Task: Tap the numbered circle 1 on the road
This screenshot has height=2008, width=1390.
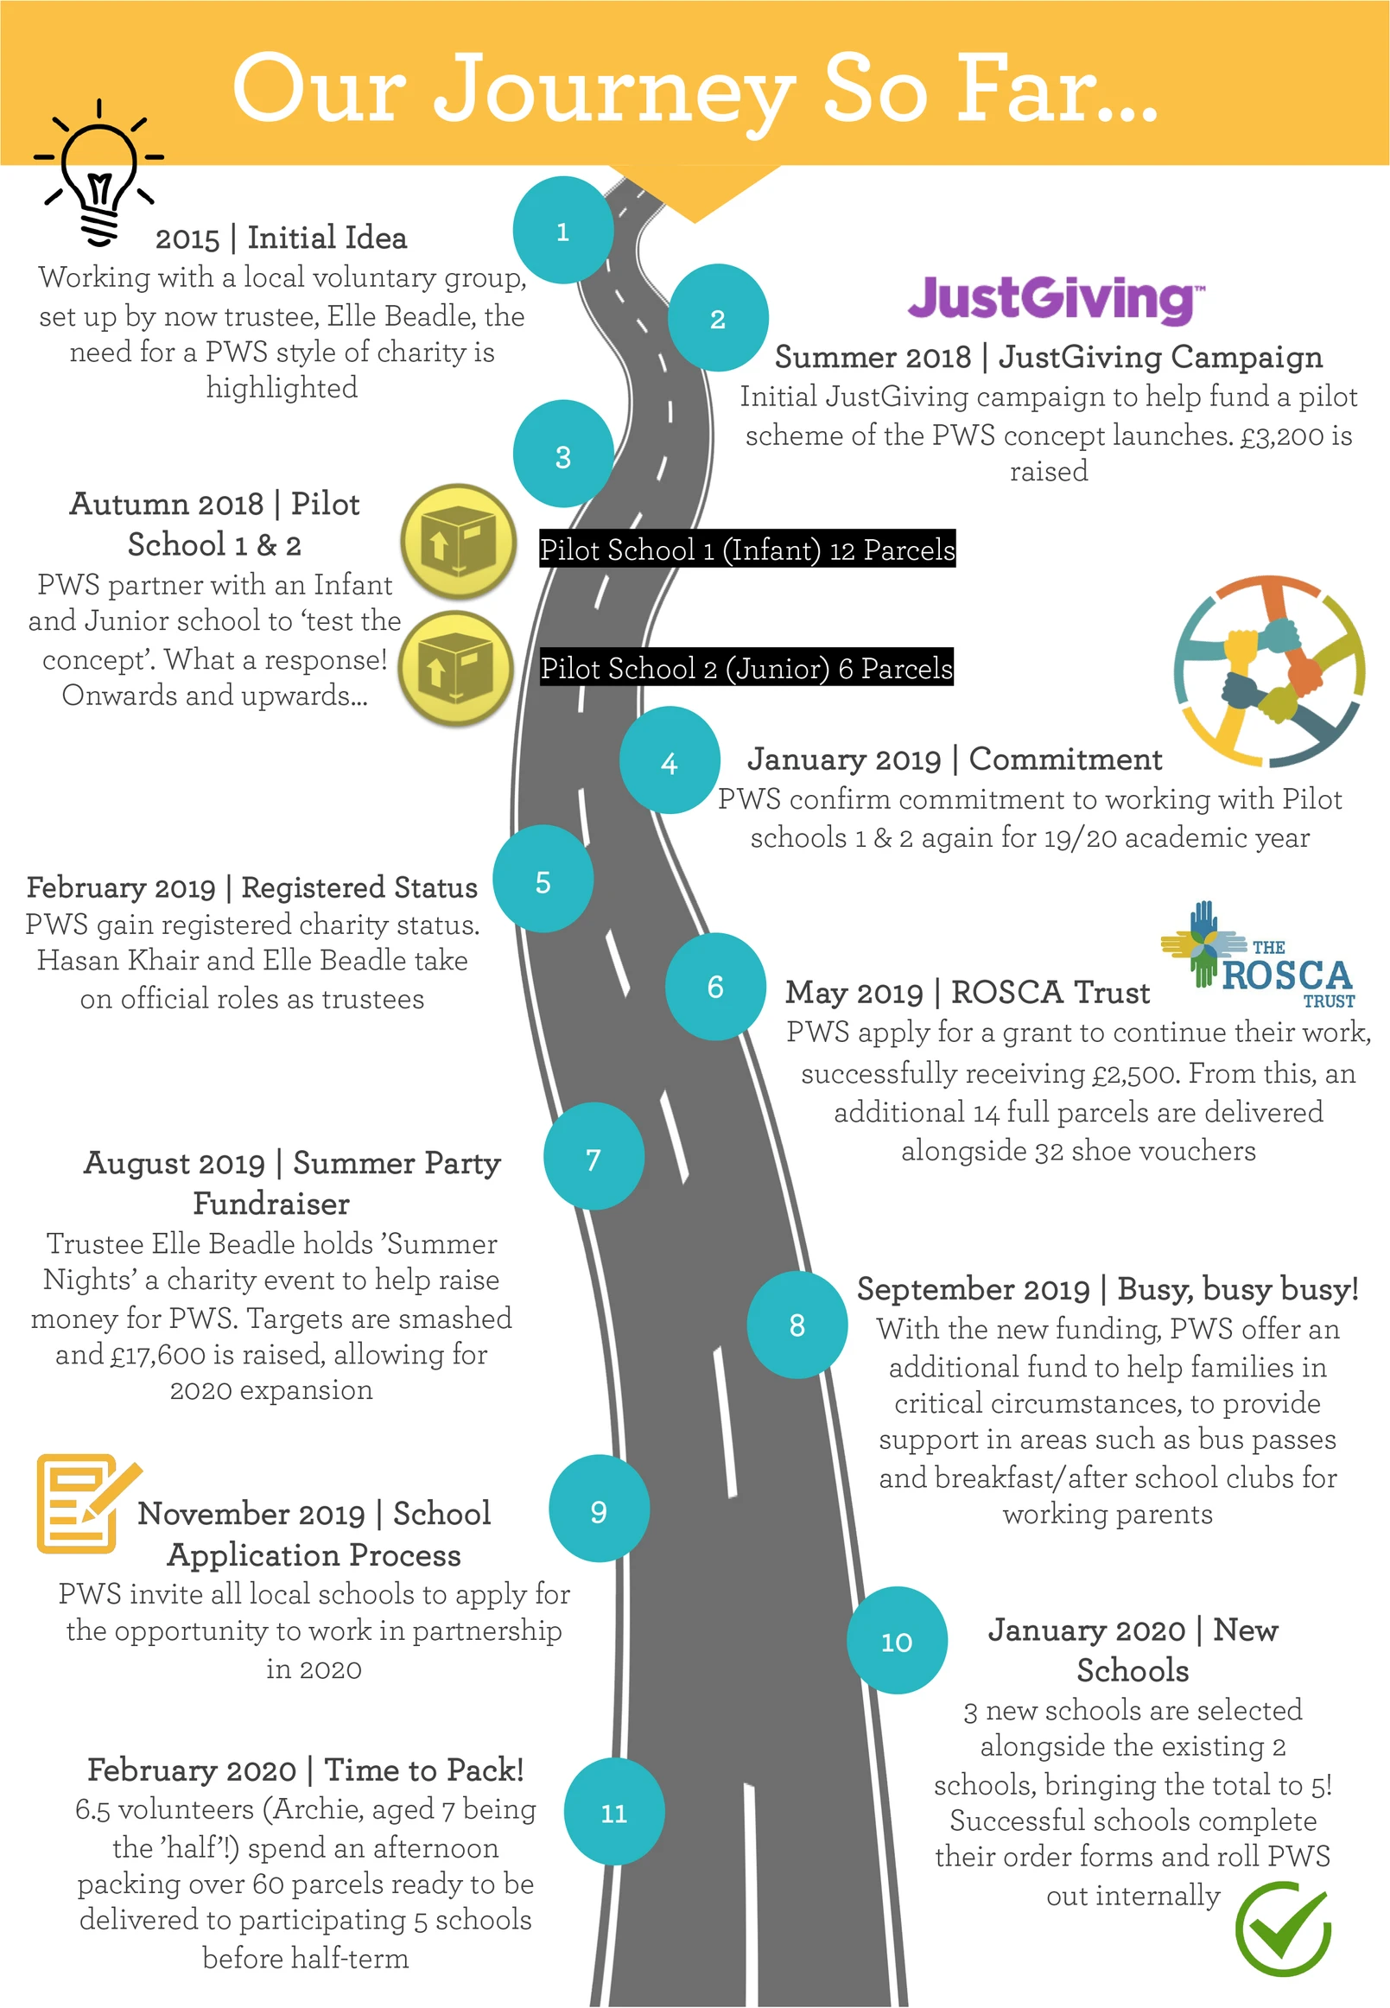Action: (563, 230)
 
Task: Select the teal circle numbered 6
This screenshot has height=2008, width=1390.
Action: (716, 986)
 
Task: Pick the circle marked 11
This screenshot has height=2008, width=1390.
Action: (614, 1812)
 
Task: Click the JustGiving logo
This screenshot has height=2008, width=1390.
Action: (1057, 299)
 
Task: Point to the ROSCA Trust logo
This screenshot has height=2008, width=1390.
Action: (1259, 956)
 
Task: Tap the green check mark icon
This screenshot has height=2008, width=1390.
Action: (1284, 1928)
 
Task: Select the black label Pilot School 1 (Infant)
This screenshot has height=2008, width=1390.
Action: (747, 549)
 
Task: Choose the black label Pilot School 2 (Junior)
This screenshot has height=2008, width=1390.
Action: (746, 667)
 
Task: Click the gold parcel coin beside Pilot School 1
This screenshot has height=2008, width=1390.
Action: (458, 542)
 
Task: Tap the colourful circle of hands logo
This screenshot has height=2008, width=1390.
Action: (1269, 670)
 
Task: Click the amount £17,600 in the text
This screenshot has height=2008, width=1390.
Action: (162, 1355)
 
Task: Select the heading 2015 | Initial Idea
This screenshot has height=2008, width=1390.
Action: (281, 238)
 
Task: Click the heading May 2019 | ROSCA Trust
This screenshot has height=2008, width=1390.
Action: (968, 992)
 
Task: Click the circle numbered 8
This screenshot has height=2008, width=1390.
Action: (797, 1325)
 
